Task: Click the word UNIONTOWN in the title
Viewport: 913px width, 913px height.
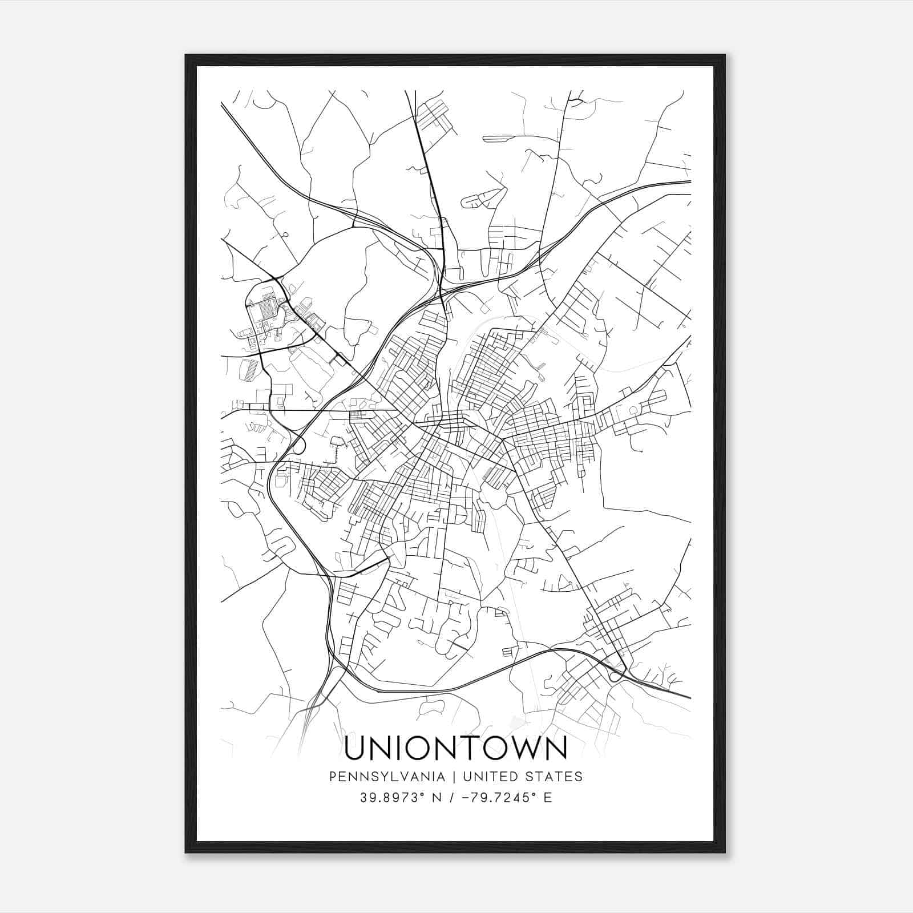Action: click(x=456, y=748)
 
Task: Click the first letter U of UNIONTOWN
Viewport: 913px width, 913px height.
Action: click(x=357, y=748)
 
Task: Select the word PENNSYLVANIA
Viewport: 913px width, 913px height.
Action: click(x=394, y=777)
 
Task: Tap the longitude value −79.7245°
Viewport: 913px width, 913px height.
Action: click(x=495, y=797)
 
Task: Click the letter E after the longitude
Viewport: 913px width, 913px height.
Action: click(x=548, y=797)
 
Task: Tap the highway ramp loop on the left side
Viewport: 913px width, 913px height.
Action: click(x=297, y=446)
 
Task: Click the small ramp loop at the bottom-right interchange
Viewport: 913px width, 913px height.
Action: click(x=615, y=677)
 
